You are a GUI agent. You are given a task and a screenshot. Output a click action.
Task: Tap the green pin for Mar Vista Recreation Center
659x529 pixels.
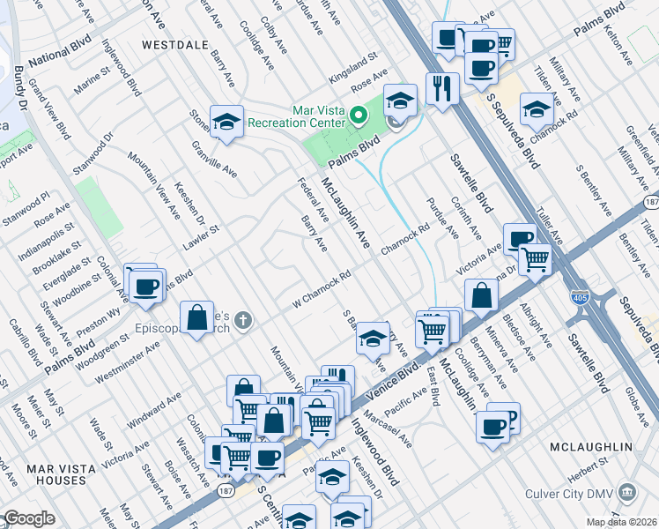pos(358,115)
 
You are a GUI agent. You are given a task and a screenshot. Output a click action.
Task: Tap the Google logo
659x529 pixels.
pos(28,518)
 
